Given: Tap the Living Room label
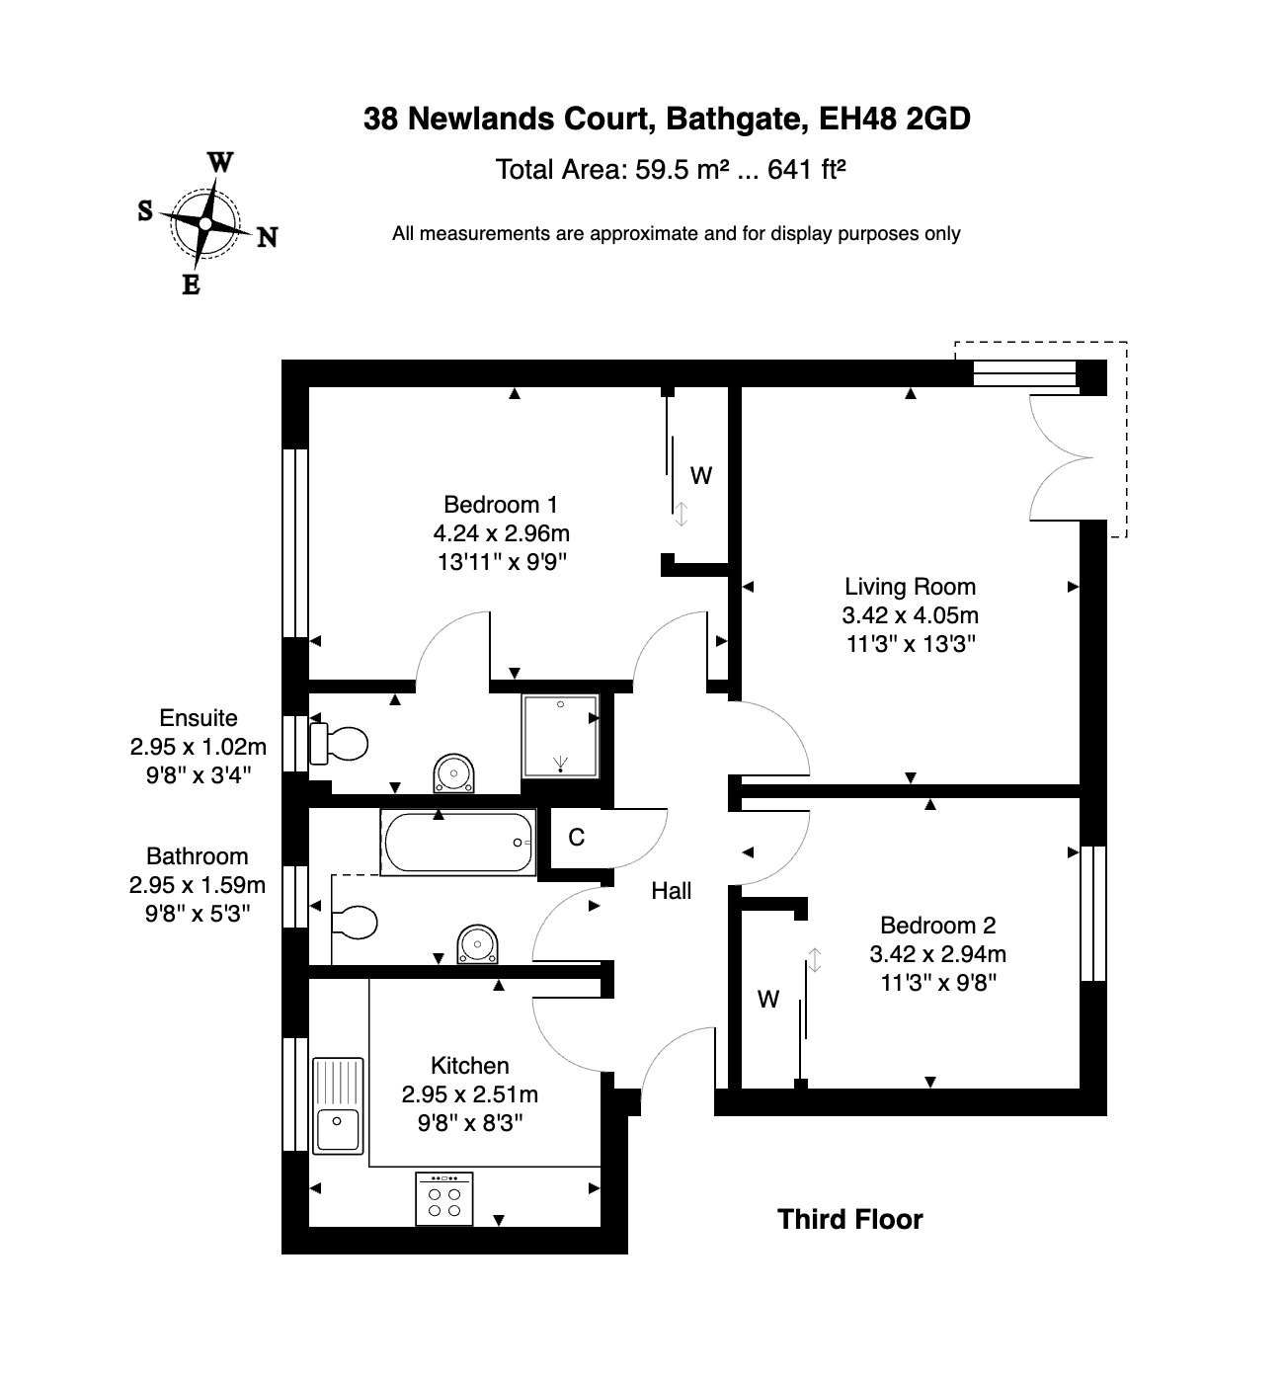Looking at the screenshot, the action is coord(910,587).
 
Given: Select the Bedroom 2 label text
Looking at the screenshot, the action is coord(937,926).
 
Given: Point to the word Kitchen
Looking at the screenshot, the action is coord(470,1066).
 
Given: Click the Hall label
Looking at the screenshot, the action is coord(671,891).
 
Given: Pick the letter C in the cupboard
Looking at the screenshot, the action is coord(577,838).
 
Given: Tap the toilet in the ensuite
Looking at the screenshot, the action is coord(339,744).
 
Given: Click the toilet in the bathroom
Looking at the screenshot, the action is coord(354,924).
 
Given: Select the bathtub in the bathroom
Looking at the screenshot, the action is coord(459,843).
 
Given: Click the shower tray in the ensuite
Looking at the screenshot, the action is coord(561,735).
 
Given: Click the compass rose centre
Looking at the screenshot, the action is coord(204,223).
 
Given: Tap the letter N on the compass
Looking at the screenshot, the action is coord(267,237).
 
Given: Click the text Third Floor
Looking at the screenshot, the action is coord(849,1219).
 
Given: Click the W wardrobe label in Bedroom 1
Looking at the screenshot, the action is coord(701,476).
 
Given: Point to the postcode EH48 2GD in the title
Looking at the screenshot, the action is coord(895,119).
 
